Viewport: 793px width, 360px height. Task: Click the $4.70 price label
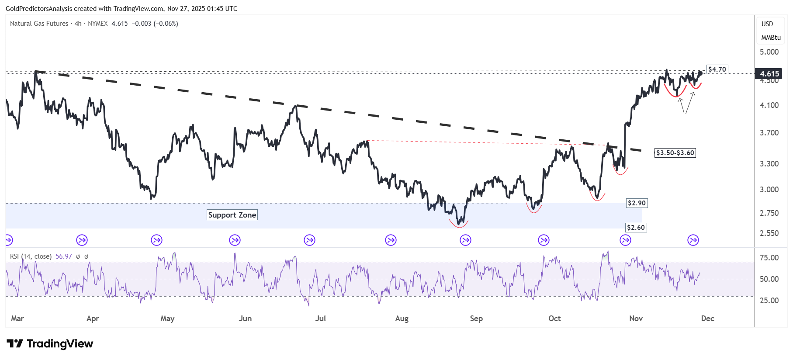click(x=717, y=69)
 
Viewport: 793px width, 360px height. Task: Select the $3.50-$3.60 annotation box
click(x=675, y=153)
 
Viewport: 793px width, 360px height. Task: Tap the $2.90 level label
click(x=637, y=203)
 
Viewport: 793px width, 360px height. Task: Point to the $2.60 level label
click(x=636, y=228)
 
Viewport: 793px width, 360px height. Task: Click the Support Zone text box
click(x=232, y=215)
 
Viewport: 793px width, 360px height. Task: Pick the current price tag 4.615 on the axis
click(x=769, y=74)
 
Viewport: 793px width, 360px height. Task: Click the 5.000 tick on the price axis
click(x=769, y=52)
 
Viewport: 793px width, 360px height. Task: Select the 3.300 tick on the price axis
click(x=769, y=164)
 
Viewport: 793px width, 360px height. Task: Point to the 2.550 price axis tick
click(x=769, y=233)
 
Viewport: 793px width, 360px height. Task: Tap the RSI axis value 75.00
click(x=769, y=258)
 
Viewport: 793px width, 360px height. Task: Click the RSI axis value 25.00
click(x=769, y=301)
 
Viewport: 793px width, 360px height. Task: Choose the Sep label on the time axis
click(x=476, y=318)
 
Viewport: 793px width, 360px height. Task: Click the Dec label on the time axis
click(x=707, y=318)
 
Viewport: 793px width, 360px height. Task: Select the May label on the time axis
click(x=167, y=318)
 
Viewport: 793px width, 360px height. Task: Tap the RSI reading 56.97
click(x=64, y=256)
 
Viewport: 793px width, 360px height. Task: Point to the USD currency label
click(x=767, y=24)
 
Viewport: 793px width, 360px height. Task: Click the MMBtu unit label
click(x=771, y=38)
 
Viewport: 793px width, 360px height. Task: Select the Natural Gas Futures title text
click(x=39, y=24)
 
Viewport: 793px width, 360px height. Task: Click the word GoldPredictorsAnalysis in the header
click(x=38, y=9)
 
